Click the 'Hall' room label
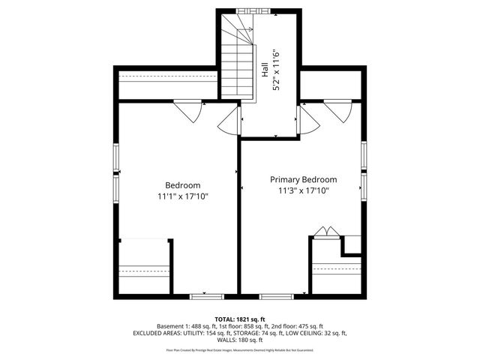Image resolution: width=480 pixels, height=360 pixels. click(265, 70)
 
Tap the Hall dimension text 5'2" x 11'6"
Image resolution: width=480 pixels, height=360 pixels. click(275, 70)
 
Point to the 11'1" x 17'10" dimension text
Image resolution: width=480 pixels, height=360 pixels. click(182, 196)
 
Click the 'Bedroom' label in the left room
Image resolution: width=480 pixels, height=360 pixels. click(182, 185)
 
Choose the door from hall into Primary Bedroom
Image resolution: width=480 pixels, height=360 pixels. click(304, 120)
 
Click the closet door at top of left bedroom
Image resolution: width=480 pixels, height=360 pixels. click(190, 110)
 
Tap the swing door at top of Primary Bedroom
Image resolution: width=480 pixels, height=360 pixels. click(339, 110)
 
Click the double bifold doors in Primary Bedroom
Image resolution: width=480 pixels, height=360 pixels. click(324, 232)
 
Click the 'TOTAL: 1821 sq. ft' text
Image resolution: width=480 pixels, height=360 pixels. click(240, 319)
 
